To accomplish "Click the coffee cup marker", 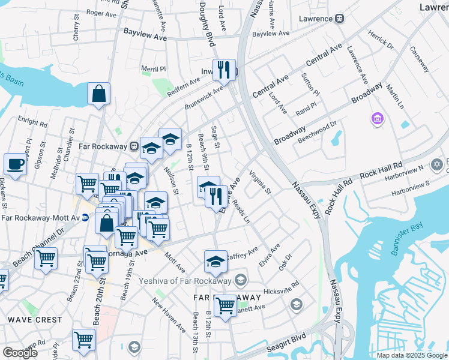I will click(x=15, y=164).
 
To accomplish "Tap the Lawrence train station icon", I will click(x=339, y=19).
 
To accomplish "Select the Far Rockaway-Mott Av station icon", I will click(x=85, y=218).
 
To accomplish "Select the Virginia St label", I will click(x=260, y=184).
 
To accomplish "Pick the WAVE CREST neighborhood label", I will click(x=34, y=320).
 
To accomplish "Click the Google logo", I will click(x=20, y=353).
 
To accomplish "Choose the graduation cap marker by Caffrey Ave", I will click(x=215, y=261).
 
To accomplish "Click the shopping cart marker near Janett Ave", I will click(x=225, y=305).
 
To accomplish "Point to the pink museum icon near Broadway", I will click(x=376, y=119).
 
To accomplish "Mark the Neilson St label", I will click(x=172, y=181).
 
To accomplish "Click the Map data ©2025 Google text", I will click(x=412, y=355).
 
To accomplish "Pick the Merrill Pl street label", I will click(x=153, y=68).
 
